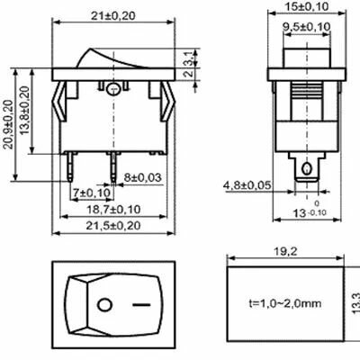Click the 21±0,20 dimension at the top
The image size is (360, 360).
(x=113, y=15)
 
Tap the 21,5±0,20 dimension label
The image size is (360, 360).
(x=113, y=225)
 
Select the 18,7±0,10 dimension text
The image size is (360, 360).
(x=113, y=209)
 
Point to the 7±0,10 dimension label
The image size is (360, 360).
(x=92, y=193)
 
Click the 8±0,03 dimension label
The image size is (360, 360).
(x=143, y=177)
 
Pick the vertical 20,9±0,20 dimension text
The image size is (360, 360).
(x=9, y=124)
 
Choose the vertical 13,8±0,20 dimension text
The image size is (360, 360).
(x=25, y=111)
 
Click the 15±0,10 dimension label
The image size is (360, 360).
(x=307, y=6)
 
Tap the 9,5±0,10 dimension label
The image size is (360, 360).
(x=307, y=26)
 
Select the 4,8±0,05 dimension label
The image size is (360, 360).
(x=247, y=185)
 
